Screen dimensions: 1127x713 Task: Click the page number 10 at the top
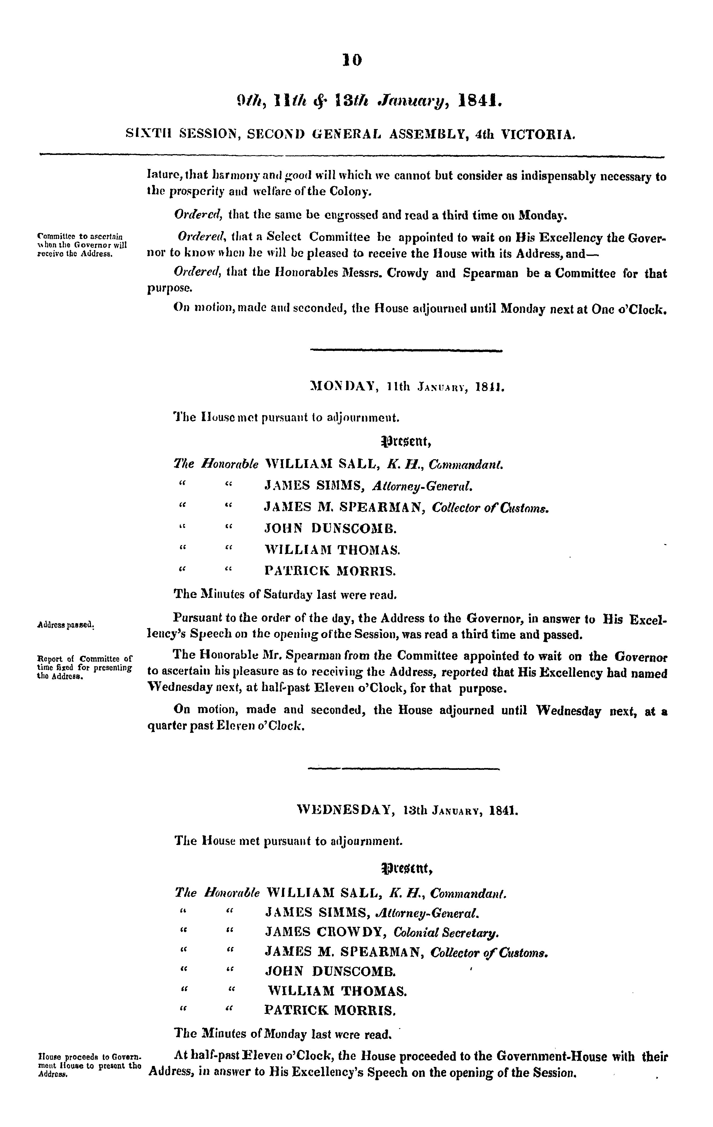(352, 60)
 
